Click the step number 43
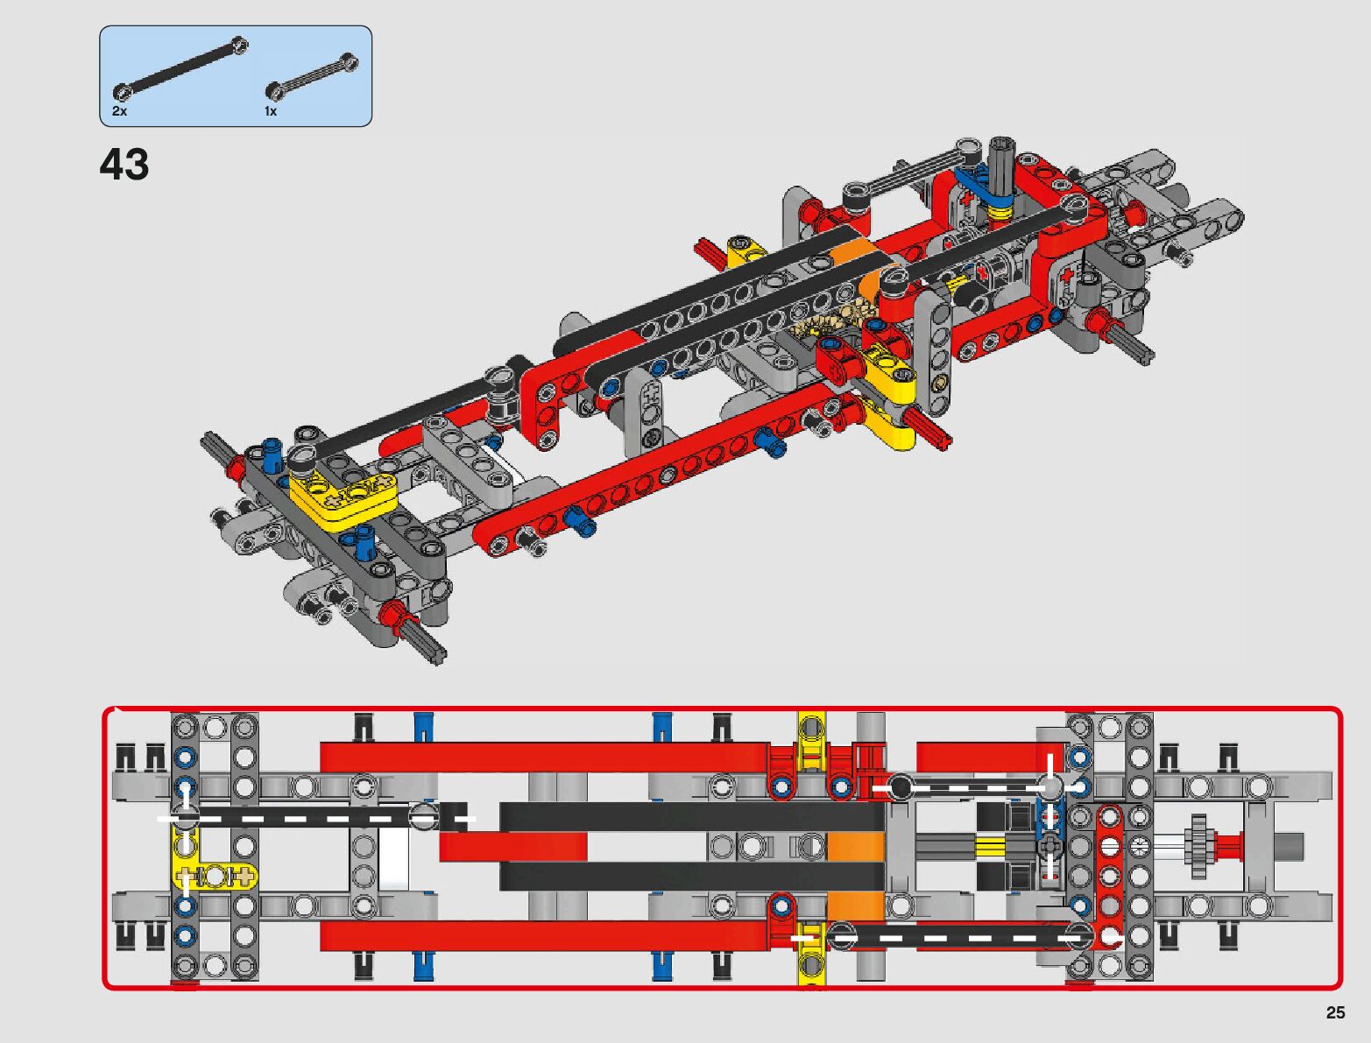124,165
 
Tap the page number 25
1335,1012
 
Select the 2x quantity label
119,111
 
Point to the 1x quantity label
271,111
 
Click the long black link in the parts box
180,68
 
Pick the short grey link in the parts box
312,77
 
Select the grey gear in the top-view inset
1199,846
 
